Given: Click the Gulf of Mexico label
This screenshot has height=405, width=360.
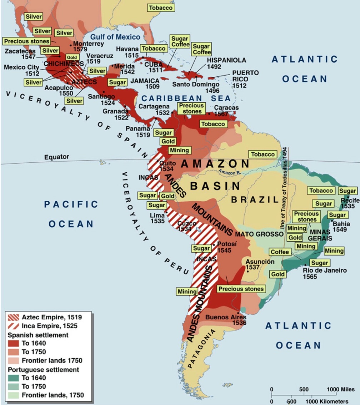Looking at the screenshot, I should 115,37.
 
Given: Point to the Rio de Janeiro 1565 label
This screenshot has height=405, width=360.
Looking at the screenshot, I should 325,273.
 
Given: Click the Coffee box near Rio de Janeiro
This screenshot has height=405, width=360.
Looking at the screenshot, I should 279,252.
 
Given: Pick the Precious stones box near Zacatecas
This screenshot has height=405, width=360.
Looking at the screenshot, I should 26,41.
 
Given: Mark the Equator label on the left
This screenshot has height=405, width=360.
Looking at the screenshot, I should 56,157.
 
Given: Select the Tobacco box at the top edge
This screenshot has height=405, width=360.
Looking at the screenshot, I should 160,7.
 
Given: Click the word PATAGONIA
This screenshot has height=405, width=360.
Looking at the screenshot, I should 203,349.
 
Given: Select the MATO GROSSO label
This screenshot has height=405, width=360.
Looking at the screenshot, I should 259,235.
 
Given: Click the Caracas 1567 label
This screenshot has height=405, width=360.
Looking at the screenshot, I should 226,111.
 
